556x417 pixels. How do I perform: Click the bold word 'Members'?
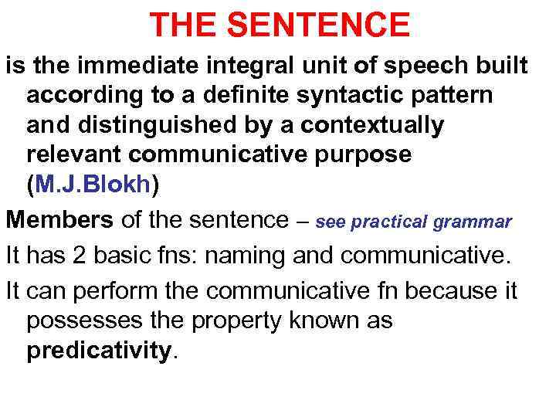point(59,220)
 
